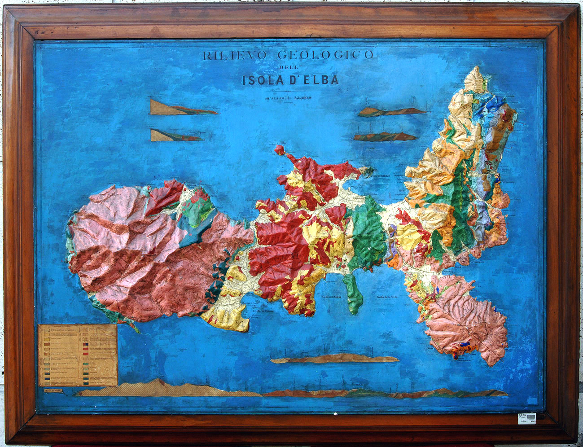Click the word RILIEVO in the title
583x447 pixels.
tap(235, 55)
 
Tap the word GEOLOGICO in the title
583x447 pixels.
tap(325, 55)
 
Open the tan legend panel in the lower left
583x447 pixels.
tap(78, 355)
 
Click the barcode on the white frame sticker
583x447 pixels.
tap(527, 418)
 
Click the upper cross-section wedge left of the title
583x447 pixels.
tap(180, 108)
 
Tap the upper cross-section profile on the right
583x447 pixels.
tap(391, 111)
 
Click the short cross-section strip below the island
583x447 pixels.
tap(334, 359)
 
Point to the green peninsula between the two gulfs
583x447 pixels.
tap(354, 294)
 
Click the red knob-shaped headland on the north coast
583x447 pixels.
tap(280, 149)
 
